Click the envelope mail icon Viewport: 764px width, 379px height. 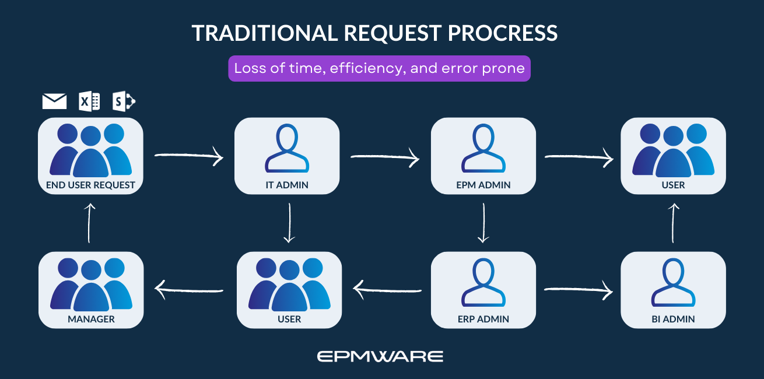[54, 101]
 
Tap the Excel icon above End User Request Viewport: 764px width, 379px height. [89, 101]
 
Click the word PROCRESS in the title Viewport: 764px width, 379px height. [503, 33]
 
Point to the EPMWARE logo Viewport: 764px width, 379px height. [380, 356]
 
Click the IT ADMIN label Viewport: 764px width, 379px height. [286, 185]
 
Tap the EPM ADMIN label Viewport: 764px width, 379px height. [483, 185]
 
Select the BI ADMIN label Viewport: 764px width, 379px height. [673, 319]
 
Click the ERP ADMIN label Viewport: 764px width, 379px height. [483, 319]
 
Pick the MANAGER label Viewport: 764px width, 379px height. [91, 319]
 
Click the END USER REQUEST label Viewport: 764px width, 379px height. [90, 185]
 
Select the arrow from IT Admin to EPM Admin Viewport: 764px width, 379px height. [385, 156]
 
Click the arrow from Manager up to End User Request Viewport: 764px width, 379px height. [89, 223]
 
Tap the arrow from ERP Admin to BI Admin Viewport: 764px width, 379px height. [579, 289]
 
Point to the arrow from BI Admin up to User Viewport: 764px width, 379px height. [674, 223]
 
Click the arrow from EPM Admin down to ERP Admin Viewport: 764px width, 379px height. [483, 223]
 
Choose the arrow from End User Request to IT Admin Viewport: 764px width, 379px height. [189, 156]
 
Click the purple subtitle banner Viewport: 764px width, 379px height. [379, 68]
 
